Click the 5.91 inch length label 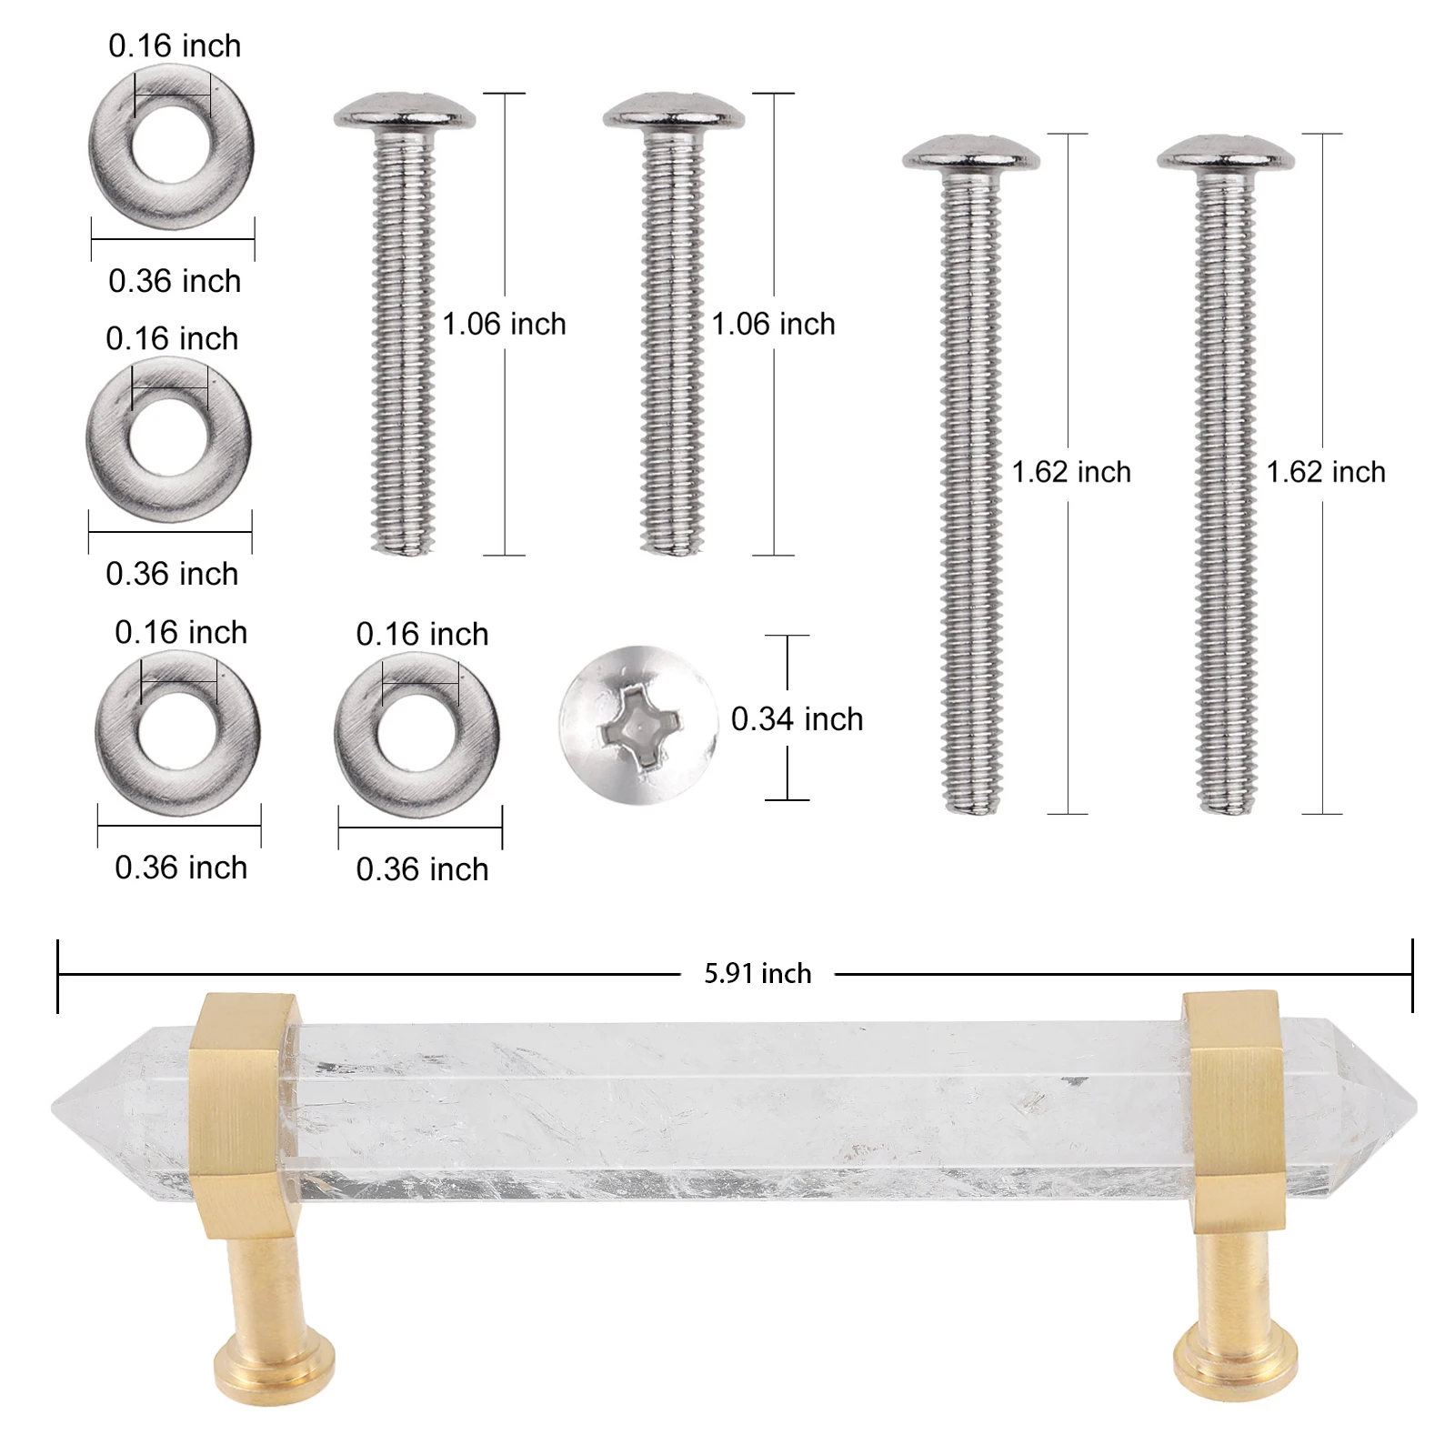tap(757, 974)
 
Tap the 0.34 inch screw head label tap(797, 719)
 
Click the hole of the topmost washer tap(171, 145)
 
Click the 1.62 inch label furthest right tap(1326, 472)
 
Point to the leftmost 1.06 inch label tap(504, 324)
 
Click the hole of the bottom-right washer tap(416, 733)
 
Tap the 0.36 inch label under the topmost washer tap(175, 281)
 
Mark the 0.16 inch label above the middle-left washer tap(172, 338)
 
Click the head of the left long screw tap(971, 153)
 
